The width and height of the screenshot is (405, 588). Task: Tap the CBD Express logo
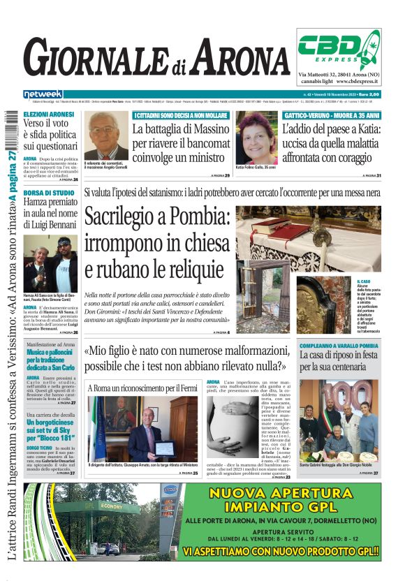[x=339, y=49]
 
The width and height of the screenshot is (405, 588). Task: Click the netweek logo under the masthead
[x=43, y=94]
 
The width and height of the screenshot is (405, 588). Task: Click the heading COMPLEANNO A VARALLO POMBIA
[x=339, y=346]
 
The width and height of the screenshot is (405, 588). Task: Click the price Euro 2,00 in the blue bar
[x=366, y=94]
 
